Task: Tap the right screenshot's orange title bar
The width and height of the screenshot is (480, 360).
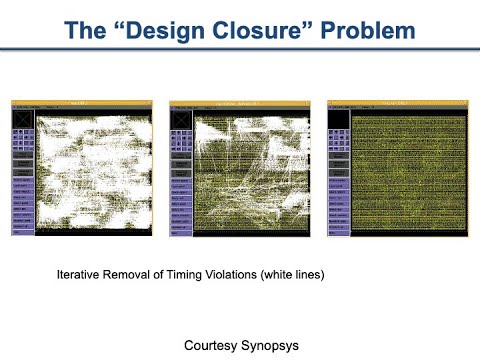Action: (398, 103)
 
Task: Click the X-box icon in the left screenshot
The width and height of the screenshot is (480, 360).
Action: (22, 117)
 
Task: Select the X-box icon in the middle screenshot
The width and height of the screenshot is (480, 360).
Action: (180, 117)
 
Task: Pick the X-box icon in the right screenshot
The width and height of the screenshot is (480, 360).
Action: (338, 117)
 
